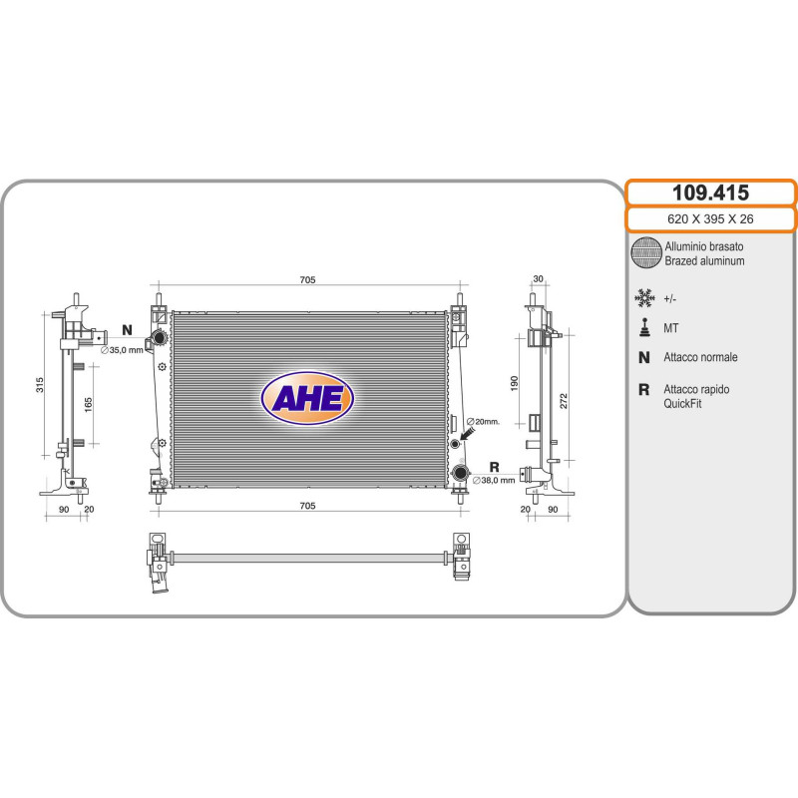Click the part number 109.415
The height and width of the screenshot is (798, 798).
coord(710,193)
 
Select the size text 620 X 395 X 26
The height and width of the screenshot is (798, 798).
coord(710,218)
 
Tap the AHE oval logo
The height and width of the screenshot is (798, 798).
coord(307,398)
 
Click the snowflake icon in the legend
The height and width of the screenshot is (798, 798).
coord(644,298)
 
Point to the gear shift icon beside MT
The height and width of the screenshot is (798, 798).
coord(644,328)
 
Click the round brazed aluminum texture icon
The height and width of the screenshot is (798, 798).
coord(646,252)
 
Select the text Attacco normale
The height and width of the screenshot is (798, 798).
coord(700,357)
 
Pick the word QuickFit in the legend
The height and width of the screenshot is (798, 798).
coord(682,404)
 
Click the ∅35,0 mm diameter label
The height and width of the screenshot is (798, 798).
coord(122,350)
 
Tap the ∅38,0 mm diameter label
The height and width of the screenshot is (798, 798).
coord(494,480)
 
